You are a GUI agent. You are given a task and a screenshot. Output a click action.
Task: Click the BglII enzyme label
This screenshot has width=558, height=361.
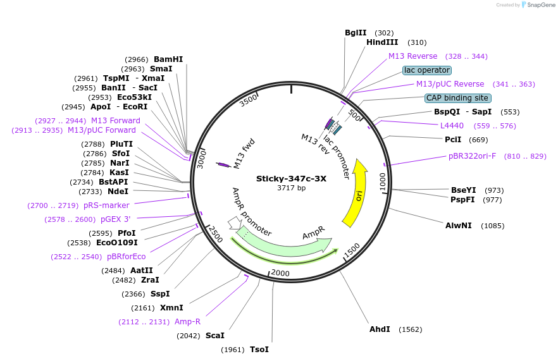click(x=356, y=33)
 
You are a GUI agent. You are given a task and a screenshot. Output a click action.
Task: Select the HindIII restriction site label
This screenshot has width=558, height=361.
click(x=382, y=42)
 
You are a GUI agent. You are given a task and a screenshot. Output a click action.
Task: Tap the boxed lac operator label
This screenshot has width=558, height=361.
click(x=427, y=70)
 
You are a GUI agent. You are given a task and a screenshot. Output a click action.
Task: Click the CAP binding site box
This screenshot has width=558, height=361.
click(x=457, y=98)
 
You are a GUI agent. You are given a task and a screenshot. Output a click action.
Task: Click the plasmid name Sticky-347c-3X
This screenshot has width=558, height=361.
click(x=291, y=178)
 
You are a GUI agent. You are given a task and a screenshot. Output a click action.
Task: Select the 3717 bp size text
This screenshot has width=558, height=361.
click(x=291, y=188)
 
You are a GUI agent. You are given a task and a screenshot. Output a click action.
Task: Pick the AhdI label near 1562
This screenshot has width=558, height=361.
click(x=380, y=329)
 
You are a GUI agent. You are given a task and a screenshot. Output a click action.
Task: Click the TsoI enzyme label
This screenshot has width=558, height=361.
click(x=259, y=350)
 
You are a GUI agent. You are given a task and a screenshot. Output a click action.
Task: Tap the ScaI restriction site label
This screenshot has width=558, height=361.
click(x=215, y=336)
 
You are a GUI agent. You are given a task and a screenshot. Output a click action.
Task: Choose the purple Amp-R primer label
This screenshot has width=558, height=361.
click(x=187, y=322)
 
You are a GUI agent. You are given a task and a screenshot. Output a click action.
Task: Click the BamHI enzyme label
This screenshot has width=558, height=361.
click(x=168, y=59)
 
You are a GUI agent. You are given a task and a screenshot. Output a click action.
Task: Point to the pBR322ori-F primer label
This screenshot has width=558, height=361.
click(x=473, y=156)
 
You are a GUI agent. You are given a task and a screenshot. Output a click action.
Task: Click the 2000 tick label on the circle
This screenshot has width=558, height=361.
click(x=280, y=273)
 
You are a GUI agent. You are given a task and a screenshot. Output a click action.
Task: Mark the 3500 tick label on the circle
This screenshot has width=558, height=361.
click(x=249, y=99)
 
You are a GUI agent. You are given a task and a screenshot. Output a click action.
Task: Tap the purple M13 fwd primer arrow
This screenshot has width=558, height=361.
click(x=223, y=165)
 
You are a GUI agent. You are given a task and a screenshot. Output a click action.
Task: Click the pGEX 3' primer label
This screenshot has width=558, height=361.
click(x=116, y=219)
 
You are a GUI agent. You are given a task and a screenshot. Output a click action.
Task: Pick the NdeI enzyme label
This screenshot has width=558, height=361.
click(x=118, y=192)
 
